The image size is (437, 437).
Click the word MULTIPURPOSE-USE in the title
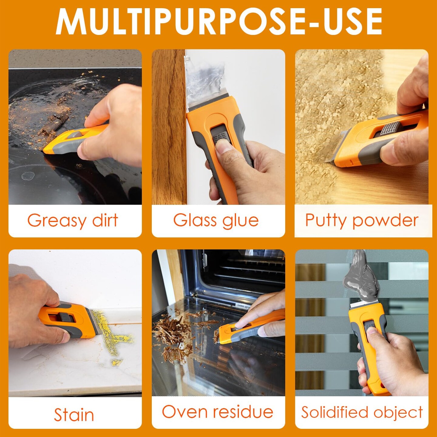point(218,22)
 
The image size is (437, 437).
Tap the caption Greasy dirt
point(73,221)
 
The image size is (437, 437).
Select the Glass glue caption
point(216,220)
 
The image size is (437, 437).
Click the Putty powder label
point(361,221)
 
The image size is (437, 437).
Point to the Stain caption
point(74,415)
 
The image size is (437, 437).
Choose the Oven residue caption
point(218,412)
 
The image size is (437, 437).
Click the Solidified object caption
point(362,412)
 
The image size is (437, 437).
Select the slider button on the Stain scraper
point(64,317)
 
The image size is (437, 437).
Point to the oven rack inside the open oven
point(249,270)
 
